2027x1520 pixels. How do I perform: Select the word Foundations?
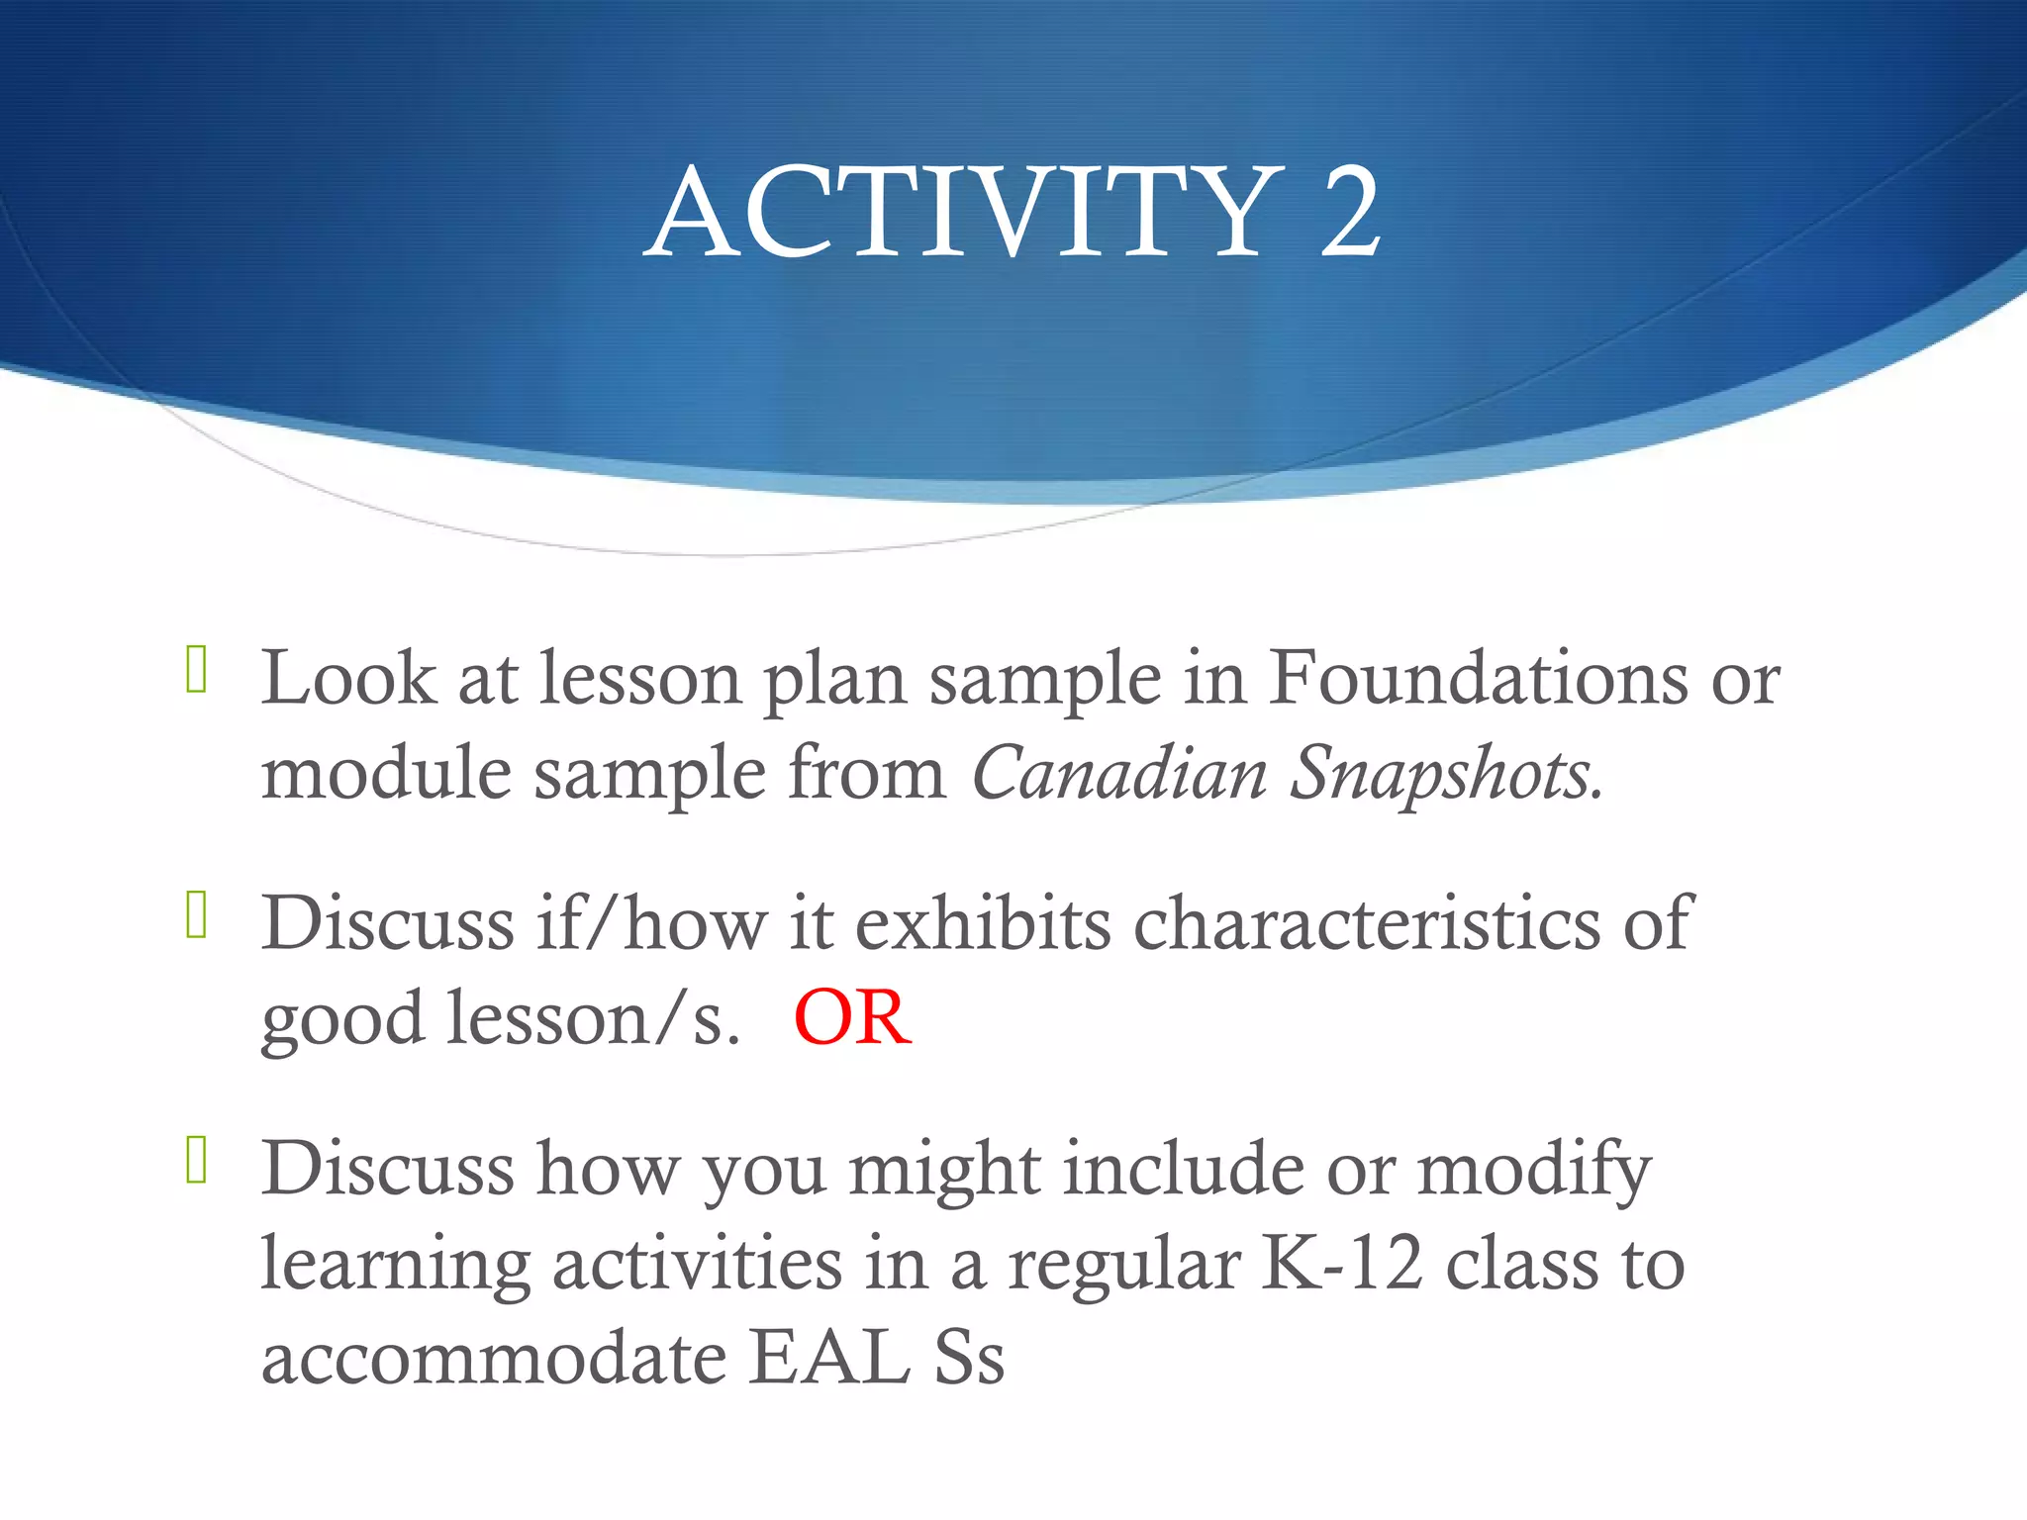1479,679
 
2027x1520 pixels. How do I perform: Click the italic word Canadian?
1119,773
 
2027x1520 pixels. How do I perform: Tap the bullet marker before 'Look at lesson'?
196,670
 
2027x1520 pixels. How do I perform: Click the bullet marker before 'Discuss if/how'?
196,914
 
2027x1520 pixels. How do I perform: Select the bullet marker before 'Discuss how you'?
196,1161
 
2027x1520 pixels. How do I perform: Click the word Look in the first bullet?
348,679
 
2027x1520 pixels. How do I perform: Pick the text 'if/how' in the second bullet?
652,922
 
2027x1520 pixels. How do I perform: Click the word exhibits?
983,922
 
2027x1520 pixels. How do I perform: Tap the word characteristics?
1366,922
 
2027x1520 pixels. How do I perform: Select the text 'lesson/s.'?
593,1019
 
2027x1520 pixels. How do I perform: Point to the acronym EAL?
829,1358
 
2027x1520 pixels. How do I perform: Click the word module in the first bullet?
386,773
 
